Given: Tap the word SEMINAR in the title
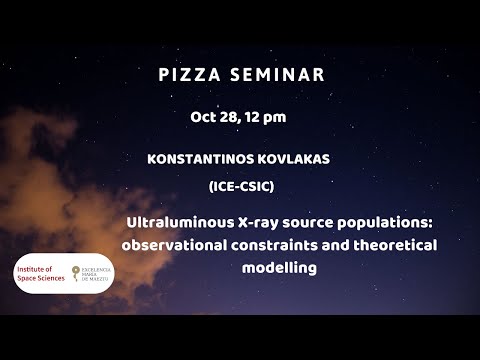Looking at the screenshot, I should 277,76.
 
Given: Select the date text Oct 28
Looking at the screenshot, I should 213,117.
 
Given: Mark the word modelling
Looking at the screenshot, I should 279,268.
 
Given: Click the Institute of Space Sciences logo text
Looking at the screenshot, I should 38,273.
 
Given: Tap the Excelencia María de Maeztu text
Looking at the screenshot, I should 91,273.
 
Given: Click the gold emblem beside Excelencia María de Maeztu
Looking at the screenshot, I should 70,273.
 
